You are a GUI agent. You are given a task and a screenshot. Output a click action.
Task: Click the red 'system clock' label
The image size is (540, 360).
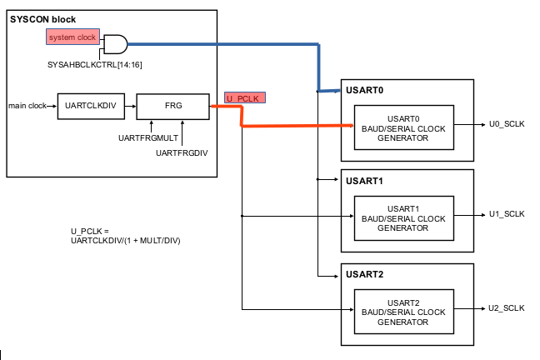point(72,38)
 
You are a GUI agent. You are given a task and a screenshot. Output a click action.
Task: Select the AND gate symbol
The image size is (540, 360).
point(114,42)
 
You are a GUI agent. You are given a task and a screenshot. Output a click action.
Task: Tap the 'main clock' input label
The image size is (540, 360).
point(27,105)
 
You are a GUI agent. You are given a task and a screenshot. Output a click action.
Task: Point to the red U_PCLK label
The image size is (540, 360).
point(244,98)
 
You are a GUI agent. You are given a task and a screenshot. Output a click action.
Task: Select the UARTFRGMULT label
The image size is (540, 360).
point(147,137)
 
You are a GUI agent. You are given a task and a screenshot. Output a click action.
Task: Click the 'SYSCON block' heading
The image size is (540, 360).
point(42,19)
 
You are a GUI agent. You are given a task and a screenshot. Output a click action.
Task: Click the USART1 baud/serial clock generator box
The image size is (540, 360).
point(403,218)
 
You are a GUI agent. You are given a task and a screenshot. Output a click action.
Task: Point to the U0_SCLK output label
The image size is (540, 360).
point(506,123)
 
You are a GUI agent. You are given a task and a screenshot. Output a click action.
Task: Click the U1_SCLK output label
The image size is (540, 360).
point(506,214)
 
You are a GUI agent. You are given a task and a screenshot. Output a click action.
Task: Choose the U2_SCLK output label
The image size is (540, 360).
point(506,308)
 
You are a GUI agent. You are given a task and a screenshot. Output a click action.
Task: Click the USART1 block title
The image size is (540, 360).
point(364,181)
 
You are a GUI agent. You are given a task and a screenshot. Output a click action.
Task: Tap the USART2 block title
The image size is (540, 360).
point(364,274)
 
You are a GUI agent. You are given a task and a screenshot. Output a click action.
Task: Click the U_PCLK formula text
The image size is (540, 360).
point(125,236)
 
